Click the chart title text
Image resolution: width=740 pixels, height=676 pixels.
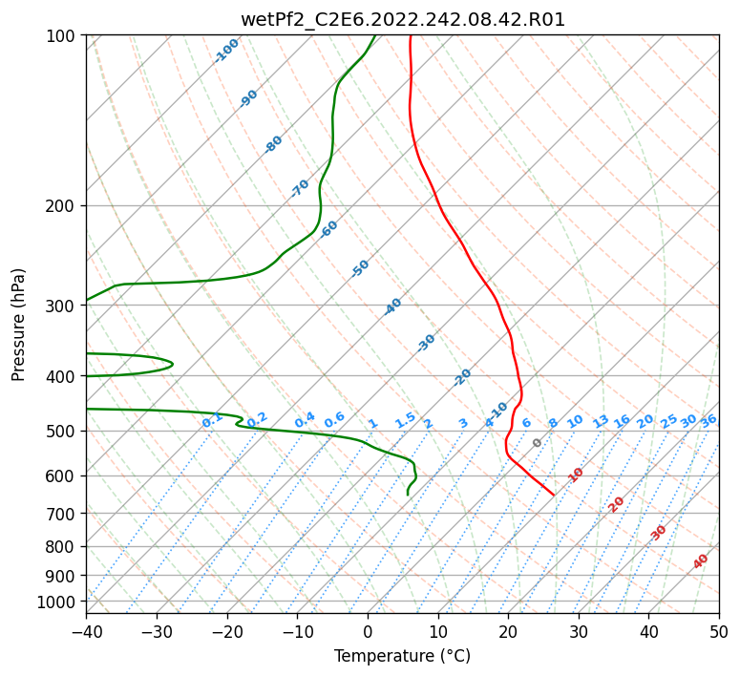[402, 19]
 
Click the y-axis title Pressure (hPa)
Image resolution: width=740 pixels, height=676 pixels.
[19, 324]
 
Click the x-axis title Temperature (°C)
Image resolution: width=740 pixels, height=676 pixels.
[402, 656]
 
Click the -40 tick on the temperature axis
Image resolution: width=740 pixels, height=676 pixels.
[86, 631]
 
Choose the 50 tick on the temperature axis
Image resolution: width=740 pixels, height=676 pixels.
[719, 631]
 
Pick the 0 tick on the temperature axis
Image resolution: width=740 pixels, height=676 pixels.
[368, 631]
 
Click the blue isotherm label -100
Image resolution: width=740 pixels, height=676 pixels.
[226, 51]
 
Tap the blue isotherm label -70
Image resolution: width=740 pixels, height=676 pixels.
[300, 188]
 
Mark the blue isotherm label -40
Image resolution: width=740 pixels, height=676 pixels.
[392, 306]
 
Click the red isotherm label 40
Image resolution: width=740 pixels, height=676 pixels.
[701, 561]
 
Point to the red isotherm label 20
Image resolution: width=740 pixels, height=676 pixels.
[617, 503]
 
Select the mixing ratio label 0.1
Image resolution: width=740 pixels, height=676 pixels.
[212, 420]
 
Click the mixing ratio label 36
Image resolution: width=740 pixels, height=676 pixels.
[708, 420]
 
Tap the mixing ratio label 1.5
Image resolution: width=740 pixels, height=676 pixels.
[405, 419]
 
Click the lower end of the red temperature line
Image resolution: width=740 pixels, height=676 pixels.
[554, 495]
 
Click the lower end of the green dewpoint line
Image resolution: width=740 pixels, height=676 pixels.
[408, 495]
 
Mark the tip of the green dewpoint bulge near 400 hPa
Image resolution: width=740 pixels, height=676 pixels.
[172, 364]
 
